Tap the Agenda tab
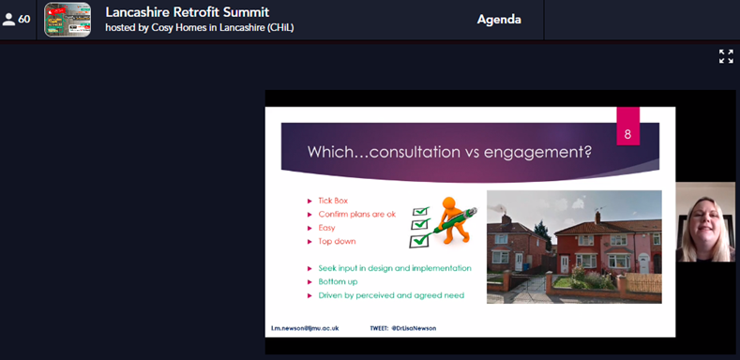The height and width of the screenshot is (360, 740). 499,20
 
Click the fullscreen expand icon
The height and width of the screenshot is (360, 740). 726,56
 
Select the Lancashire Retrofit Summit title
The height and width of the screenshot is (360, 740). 187,12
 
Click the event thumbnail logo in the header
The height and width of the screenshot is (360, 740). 68,20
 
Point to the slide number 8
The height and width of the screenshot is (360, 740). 627,133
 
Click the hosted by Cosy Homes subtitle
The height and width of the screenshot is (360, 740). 199,27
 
